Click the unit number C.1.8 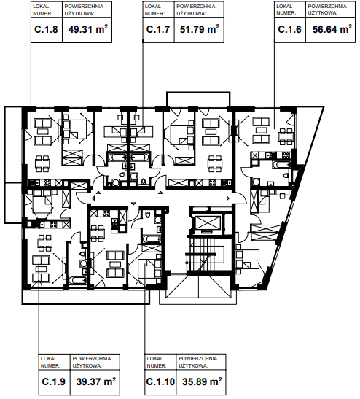coord(46,29)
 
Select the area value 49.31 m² coord(87,29)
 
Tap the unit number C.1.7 coord(158,29)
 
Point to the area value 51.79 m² coord(200,29)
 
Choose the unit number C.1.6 coord(289,29)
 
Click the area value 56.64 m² coord(332,29)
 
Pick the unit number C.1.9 coord(54,381)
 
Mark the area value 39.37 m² coord(96,381)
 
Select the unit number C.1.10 coord(160,381)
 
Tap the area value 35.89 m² coord(202,381)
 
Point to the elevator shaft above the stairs coord(206,222)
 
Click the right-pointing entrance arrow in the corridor coord(228,198)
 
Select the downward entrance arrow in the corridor coord(134,204)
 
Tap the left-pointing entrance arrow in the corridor coord(94,198)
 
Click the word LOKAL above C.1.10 coord(154,359)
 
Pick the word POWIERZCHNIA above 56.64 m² coord(327,6)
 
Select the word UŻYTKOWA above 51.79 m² coord(191,13)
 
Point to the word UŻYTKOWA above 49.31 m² coord(79,13)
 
